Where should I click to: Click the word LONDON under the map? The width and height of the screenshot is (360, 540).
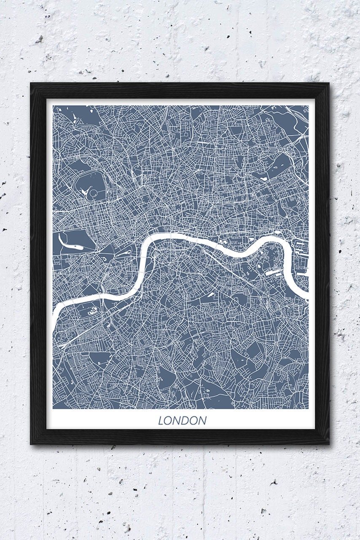(x=182, y=421)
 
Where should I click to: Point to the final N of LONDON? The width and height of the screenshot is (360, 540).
(x=202, y=421)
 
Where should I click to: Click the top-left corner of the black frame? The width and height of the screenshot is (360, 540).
(x=31, y=83)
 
